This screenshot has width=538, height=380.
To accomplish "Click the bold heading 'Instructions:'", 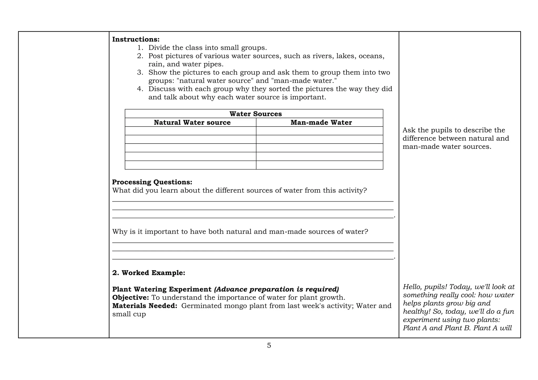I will point(136,39).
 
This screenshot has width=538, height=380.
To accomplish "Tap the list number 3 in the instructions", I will point(140,72).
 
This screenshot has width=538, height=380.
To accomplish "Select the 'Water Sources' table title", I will point(255,114).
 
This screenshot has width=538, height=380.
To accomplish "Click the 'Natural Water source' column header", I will point(192,123).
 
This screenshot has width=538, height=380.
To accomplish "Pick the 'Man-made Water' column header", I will point(321,123).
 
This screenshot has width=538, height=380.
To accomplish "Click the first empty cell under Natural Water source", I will point(190,131).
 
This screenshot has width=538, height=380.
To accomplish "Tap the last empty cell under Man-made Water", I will point(319,165).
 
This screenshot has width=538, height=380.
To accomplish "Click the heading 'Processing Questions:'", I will point(152,182).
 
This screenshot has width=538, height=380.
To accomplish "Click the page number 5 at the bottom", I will point(269,346).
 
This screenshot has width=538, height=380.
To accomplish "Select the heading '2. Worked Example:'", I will point(149,273).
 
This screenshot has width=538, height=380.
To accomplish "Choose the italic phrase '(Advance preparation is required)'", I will point(277,289).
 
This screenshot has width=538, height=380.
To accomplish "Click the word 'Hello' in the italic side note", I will point(413,287).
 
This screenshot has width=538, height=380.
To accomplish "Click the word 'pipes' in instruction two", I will point(212,64).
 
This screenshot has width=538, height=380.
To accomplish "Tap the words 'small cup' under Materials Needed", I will point(129,314).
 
